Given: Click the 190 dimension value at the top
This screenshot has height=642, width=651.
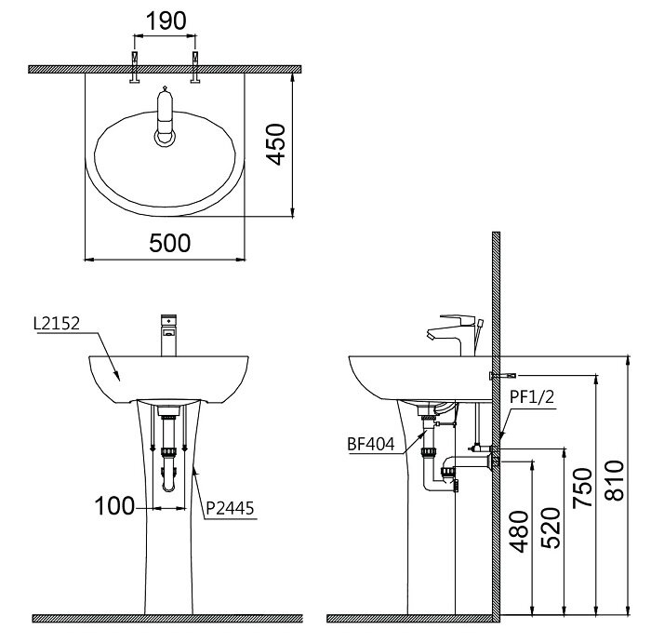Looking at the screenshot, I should click(166, 20).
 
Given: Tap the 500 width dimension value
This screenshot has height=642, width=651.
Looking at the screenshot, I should click(170, 242).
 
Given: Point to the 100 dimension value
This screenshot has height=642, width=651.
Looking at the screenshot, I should click(114, 506).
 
